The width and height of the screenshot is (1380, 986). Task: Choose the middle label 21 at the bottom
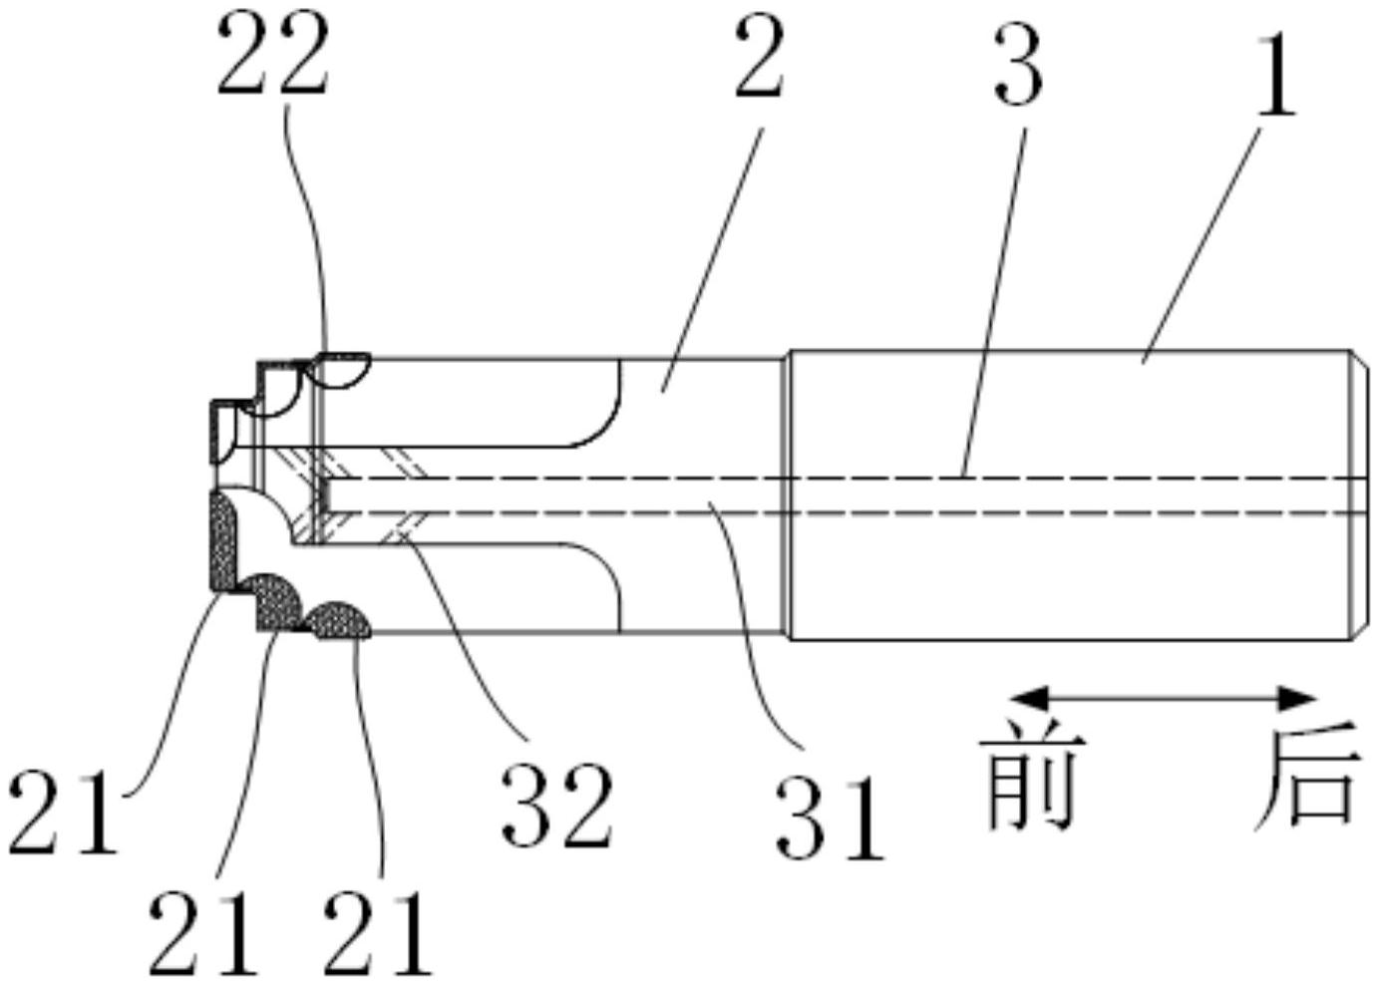[x=202, y=937]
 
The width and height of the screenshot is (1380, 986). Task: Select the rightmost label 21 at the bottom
[x=377, y=937]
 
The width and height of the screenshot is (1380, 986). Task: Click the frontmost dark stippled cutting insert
[x=223, y=543]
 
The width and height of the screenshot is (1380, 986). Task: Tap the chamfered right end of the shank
[x=1360, y=495]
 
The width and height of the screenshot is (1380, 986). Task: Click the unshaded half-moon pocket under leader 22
[x=341, y=370]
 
